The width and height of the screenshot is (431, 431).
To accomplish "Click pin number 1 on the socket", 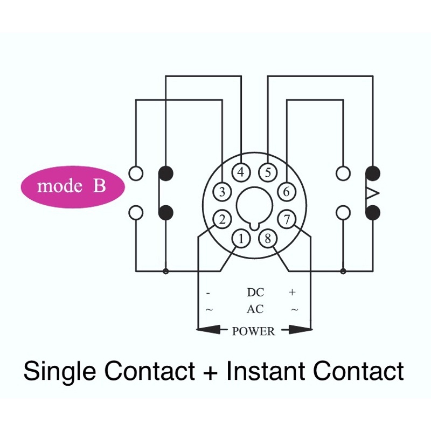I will (241, 238).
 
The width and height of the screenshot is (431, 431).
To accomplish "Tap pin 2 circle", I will (221, 219).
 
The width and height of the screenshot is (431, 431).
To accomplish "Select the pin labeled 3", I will (222, 191).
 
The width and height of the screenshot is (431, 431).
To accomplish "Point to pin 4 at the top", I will (241, 172).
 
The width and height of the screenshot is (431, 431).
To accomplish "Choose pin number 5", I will (267, 172).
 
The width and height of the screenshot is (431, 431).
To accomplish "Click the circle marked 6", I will (286, 191).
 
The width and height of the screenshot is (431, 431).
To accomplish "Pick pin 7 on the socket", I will (287, 219).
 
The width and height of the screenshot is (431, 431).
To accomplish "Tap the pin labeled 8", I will (268, 238).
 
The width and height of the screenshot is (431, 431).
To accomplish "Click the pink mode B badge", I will (72, 187).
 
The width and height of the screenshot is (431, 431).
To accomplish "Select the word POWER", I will (253, 331).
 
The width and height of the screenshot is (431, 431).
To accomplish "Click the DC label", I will (255, 293).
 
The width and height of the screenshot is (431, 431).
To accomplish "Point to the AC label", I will (255, 310).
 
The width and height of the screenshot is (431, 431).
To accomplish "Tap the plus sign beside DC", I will (293, 293).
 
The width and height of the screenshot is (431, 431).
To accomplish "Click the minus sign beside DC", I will (208, 293).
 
